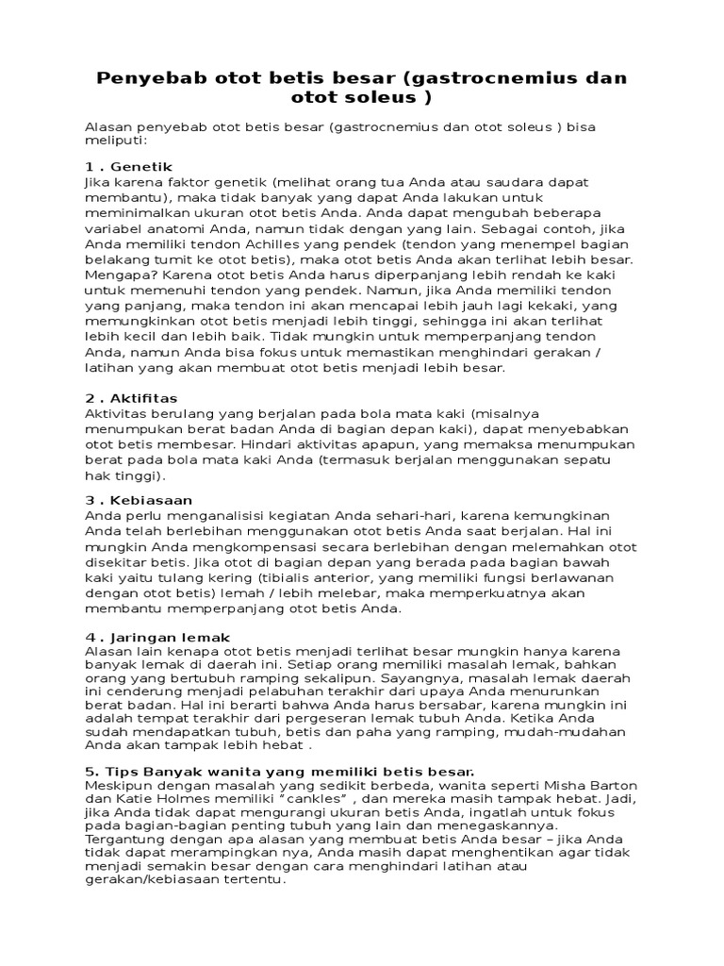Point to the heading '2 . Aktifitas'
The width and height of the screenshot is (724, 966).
click(x=131, y=398)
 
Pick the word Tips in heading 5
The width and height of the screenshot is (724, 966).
click(x=119, y=772)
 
